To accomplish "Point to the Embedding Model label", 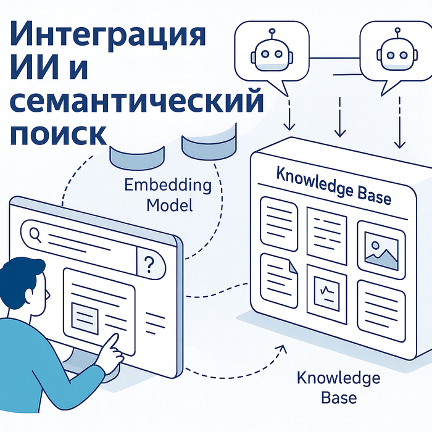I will point(168,194).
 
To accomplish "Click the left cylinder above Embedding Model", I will point(137,154).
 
